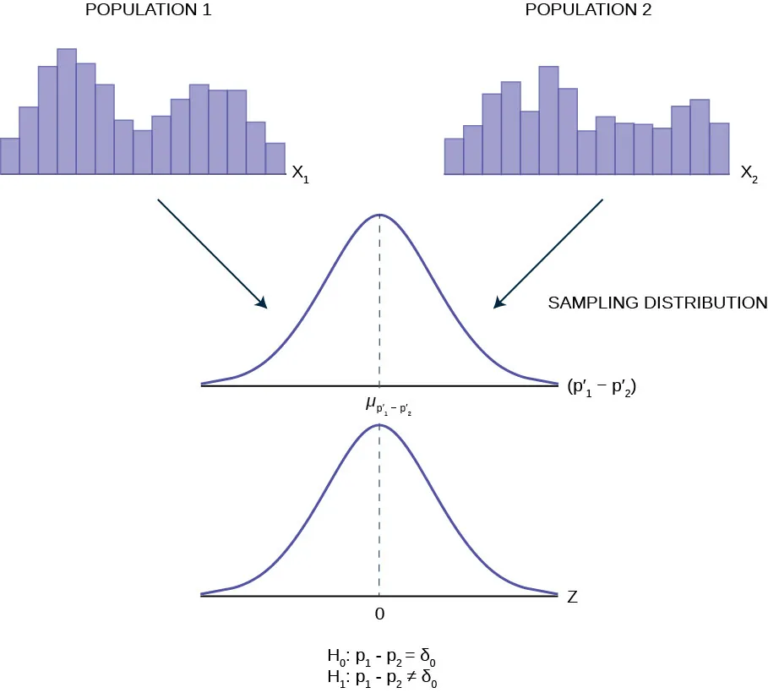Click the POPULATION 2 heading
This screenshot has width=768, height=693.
coord(583,11)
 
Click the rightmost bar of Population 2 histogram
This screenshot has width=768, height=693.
coord(719,149)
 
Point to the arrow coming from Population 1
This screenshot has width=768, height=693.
coord(211,253)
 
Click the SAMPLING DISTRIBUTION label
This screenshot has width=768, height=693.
coord(657,303)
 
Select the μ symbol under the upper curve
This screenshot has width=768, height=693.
coord(370,404)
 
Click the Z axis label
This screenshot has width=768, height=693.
coord(572,597)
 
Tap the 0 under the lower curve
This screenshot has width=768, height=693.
coord(379,614)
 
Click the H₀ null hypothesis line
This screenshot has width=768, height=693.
coord(379,657)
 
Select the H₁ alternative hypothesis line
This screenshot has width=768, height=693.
coord(379,676)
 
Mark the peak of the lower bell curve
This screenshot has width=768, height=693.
coord(379,424)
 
